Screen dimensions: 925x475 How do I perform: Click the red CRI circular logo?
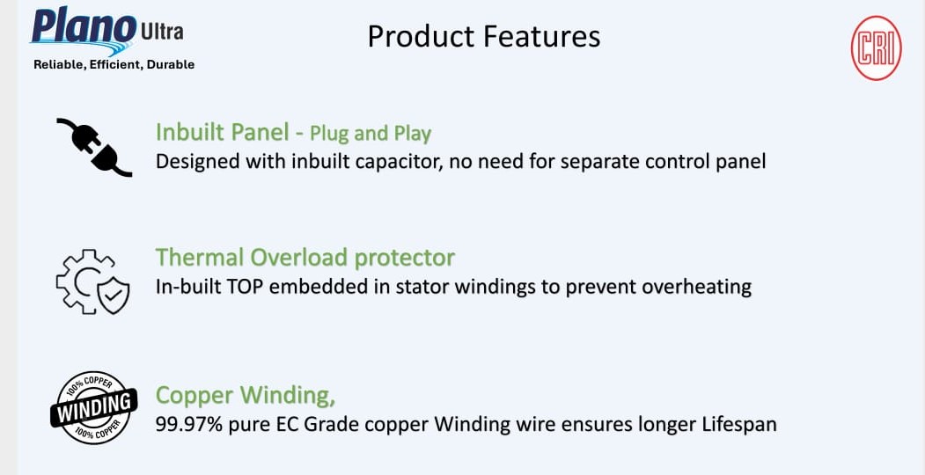[876, 47]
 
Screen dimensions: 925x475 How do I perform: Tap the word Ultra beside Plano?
[162, 32]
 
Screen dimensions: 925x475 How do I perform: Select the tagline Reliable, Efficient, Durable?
[114, 65]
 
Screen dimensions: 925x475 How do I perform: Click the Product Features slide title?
[484, 37]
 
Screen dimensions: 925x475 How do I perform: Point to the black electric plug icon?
[94, 147]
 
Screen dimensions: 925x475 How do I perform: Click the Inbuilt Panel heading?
[222, 132]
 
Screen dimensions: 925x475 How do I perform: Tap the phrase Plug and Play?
[371, 135]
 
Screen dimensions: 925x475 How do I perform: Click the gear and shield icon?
[92, 281]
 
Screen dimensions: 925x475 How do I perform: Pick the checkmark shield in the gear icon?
[114, 295]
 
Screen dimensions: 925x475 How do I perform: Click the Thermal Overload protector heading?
[305, 258]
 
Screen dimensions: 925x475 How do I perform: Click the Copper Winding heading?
[246, 396]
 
